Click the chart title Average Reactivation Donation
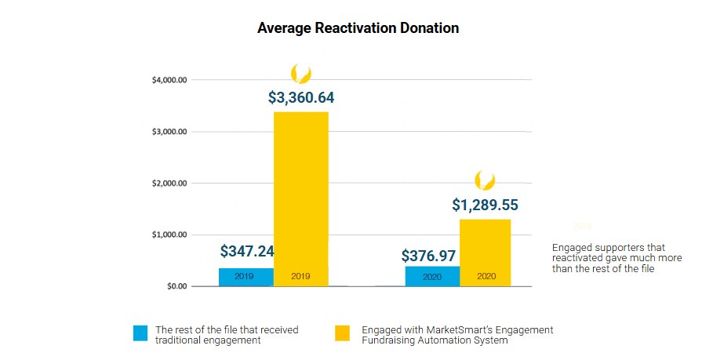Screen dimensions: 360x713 [358, 28]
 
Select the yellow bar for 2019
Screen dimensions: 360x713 [300, 196]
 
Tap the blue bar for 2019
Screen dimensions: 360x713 [246, 277]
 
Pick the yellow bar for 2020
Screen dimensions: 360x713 [485, 251]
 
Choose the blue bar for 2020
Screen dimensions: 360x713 [432, 276]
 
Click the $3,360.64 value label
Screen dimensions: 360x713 [301, 98]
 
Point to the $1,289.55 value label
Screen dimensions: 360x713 [485, 205]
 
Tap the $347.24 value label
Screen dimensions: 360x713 [246, 251]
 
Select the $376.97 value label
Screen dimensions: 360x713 [429, 256]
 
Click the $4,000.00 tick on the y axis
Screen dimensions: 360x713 [169, 80]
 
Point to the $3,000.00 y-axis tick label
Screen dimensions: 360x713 [169, 132]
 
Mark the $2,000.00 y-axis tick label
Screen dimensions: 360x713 [169, 184]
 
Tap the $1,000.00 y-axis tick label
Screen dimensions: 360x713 [169, 235]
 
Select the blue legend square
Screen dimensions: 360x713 [140, 333]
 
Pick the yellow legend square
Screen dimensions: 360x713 [342, 333]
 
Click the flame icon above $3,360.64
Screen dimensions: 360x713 [300, 74]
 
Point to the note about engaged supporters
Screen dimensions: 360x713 [617, 257]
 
